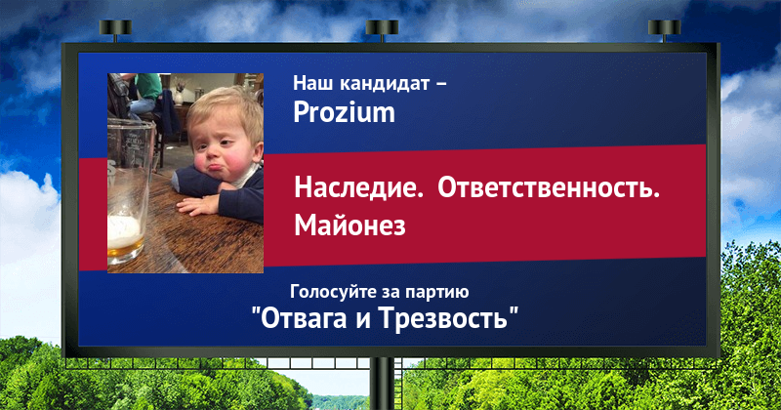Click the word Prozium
[344, 112]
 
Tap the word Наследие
[358, 188]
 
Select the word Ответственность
[549, 188]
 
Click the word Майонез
[349, 225]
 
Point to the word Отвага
[304, 317]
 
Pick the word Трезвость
[443, 317]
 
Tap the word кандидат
[385, 83]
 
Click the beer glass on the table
[129, 191]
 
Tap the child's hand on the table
[198, 205]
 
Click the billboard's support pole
[382, 384]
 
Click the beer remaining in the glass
[125, 238]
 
